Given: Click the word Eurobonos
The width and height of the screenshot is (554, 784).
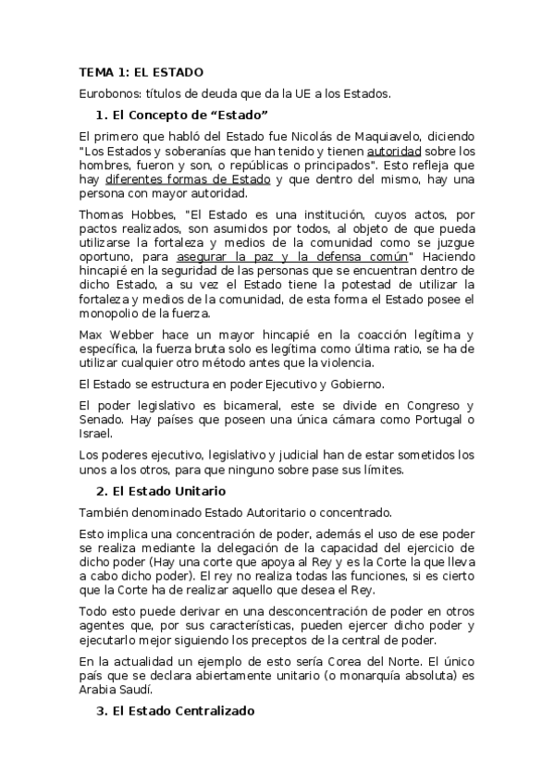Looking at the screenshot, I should tap(110, 93).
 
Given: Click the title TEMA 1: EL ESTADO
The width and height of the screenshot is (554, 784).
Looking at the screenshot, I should tap(141, 72).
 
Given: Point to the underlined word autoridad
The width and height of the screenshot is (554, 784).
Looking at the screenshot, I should tap(394, 150).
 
